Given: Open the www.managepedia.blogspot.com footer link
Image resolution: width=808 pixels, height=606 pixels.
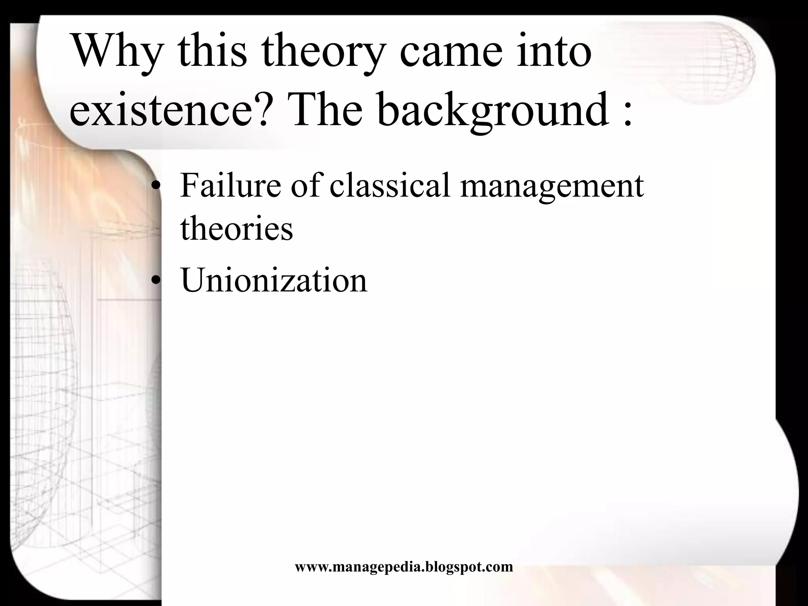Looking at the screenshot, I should click(x=404, y=567).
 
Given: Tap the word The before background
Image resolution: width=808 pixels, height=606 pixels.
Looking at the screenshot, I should click(x=326, y=108).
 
